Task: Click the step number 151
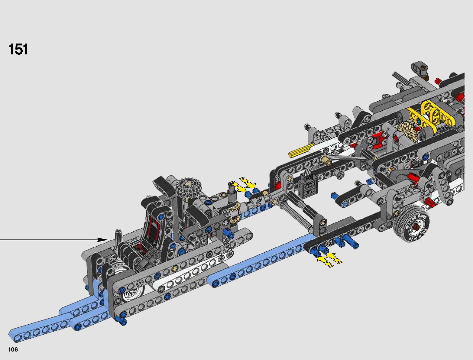18,49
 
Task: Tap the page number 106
13,349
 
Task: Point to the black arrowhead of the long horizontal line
102,240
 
